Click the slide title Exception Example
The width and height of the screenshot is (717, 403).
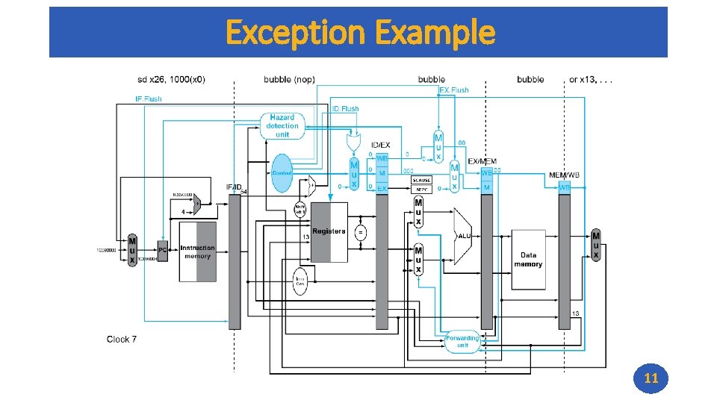click(359, 32)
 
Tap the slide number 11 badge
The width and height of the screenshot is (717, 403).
click(651, 378)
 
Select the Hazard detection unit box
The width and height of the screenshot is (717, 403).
click(282, 126)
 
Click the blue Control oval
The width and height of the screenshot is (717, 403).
click(282, 173)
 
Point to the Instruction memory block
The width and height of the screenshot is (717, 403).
click(197, 252)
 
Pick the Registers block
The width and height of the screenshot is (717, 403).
click(329, 232)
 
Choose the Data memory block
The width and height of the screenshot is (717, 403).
click(528, 260)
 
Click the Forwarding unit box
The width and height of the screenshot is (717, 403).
click(462, 341)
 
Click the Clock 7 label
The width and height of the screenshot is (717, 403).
click(122, 340)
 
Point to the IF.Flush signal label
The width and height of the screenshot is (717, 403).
click(148, 99)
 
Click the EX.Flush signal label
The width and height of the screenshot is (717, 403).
click(454, 90)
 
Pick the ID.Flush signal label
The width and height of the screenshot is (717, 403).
click(345, 109)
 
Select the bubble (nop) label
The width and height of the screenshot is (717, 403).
click(289, 79)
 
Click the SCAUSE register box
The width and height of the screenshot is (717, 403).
click(421, 180)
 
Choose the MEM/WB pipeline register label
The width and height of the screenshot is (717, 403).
click(564, 175)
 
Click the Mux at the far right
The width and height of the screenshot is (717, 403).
click(596, 245)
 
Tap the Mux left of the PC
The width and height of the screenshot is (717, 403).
click(132, 251)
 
